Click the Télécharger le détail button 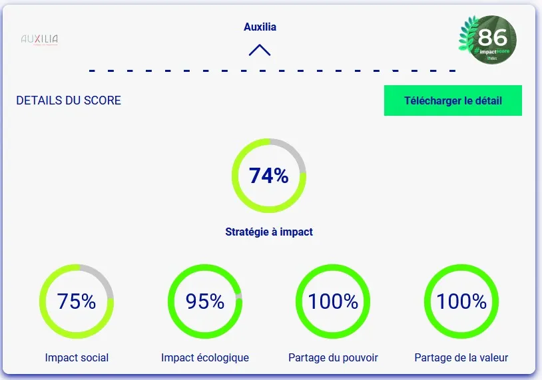453,101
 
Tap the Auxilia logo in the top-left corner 40,39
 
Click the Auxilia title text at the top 260,27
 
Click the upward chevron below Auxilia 260,50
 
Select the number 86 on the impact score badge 492,37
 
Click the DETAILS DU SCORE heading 69,100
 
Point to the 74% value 268,176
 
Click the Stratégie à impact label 269,232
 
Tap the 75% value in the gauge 77,301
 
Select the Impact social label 77,357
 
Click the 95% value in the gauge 205,301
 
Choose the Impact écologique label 205,357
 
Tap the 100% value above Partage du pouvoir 333,301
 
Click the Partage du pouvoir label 333,357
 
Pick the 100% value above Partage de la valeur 461,301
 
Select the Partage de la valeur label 461,357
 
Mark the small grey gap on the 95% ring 239,297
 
